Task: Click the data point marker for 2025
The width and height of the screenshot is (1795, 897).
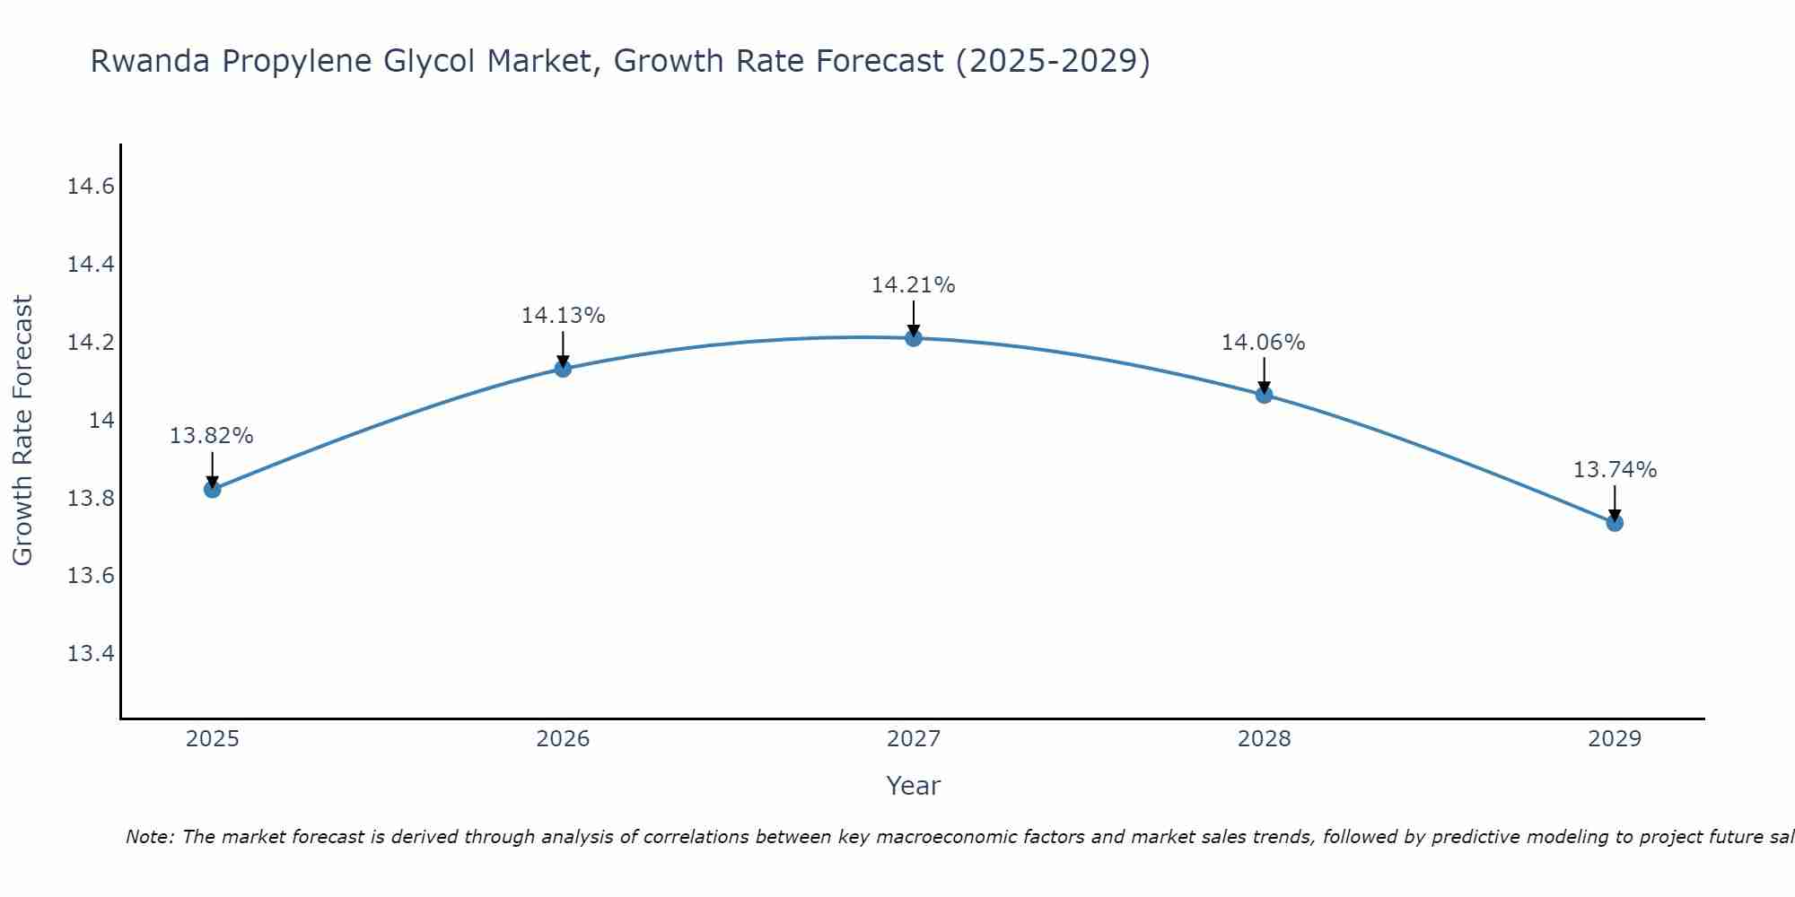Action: (x=212, y=489)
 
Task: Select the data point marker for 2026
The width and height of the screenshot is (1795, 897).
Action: (x=563, y=368)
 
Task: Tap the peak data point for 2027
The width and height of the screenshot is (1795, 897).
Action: (x=914, y=337)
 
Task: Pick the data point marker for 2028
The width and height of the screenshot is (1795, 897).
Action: (x=1264, y=395)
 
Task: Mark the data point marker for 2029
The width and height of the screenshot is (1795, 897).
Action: (x=1615, y=522)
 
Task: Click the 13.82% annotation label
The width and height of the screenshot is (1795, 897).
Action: (x=212, y=436)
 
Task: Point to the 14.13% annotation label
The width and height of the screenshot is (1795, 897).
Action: (x=563, y=316)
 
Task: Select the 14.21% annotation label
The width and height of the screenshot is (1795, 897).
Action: (x=914, y=285)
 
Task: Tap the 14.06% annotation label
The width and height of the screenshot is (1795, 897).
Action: (x=1263, y=343)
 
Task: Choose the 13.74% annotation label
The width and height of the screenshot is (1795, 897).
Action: (x=1615, y=470)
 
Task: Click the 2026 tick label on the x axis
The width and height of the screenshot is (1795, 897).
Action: (x=563, y=739)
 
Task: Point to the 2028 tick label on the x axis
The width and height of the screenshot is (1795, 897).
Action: (x=1264, y=739)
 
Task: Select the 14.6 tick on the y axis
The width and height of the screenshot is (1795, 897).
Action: (x=92, y=187)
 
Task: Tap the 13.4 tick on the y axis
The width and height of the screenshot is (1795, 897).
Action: (x=92, y=653)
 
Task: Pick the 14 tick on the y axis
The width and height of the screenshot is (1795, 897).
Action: (x=101, y=420)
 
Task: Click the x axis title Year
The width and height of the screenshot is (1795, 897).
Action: (x=913, y=786)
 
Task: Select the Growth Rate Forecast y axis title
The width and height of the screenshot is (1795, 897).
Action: (x=22, y=431)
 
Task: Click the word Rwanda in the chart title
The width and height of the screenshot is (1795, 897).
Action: (x=151, y=61)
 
